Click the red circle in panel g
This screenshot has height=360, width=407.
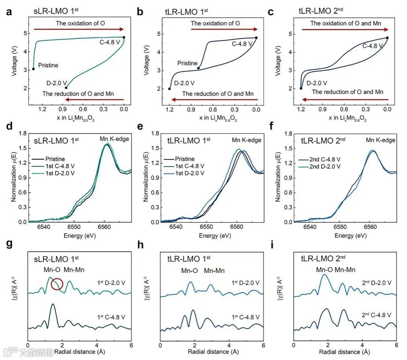tap(57, 284)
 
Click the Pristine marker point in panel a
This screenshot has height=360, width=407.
tap(33, 69)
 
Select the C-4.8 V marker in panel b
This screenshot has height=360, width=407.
tap(256, 38)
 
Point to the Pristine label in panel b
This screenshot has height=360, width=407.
tap(187, 63)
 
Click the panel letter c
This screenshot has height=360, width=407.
tap(271, 12)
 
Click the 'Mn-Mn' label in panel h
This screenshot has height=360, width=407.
tap(215, 270)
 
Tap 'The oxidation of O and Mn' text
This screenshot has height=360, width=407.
tap(345, 24)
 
